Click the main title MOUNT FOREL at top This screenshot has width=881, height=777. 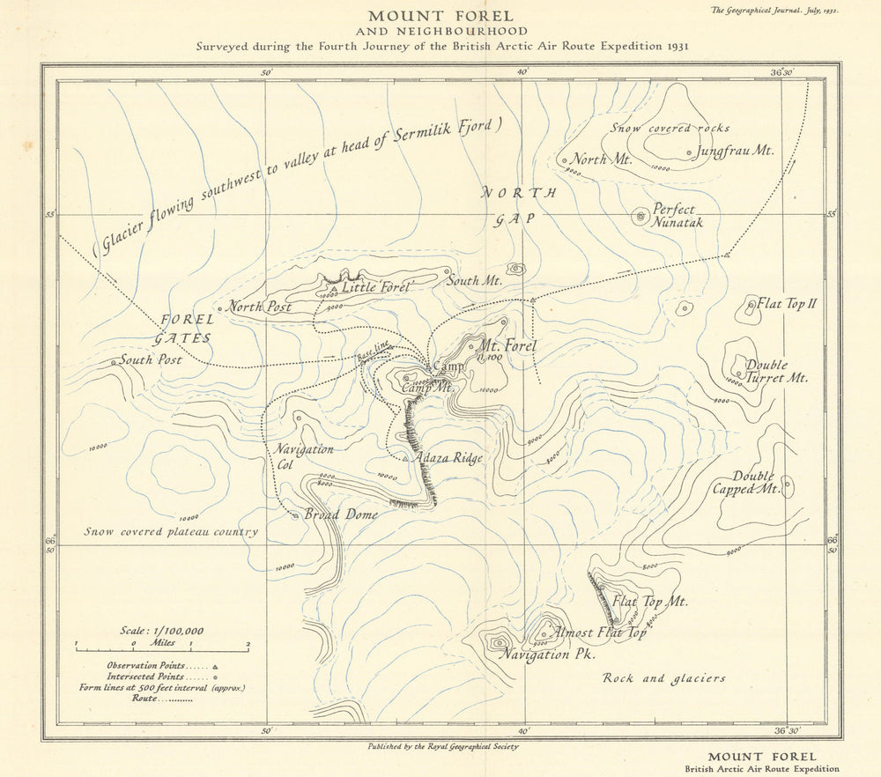[440, 16]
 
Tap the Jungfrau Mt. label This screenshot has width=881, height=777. [735, 151]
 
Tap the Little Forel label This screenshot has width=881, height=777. [377, 286]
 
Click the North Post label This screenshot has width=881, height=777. [260, 307]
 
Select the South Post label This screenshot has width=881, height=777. [151, 359]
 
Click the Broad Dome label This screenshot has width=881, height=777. [341, 514]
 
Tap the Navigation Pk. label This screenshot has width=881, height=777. [547, 655]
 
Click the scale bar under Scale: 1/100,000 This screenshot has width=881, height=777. [161, 649]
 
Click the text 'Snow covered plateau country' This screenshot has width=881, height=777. [171, 531]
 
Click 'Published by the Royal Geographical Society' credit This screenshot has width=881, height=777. [443, 746]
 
